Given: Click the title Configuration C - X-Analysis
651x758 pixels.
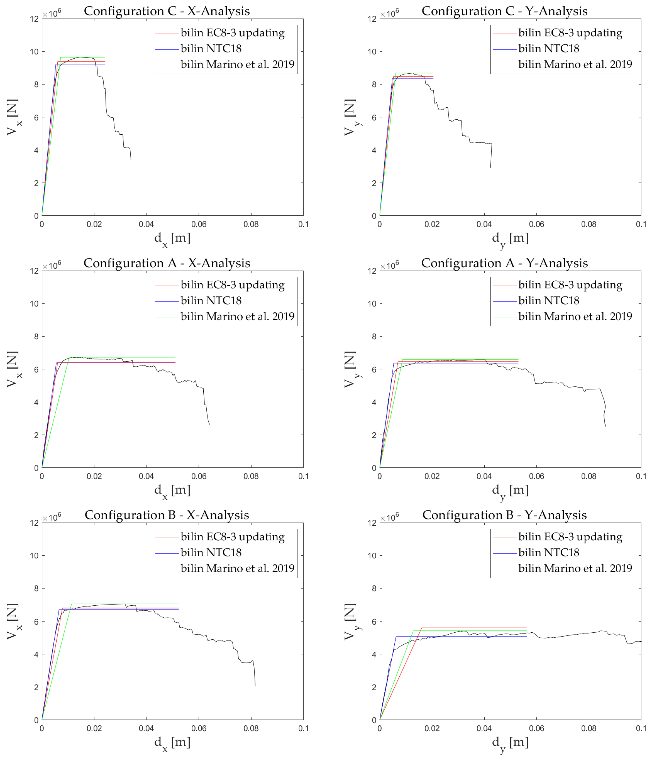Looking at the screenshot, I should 167,11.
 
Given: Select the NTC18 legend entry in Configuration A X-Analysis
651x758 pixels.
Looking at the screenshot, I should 211,301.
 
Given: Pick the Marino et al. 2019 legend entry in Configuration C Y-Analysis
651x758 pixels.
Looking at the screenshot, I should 575,64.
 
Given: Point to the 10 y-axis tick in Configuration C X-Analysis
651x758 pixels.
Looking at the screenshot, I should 34,52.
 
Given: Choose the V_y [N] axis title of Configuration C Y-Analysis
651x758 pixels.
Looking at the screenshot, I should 350,117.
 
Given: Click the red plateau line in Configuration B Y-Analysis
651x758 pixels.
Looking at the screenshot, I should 475,628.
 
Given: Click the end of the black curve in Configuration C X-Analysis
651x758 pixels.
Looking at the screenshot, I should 131,159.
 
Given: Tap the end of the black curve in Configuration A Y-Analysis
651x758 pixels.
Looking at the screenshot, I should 606,427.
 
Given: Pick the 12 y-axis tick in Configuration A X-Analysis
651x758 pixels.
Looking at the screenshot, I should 34,271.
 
